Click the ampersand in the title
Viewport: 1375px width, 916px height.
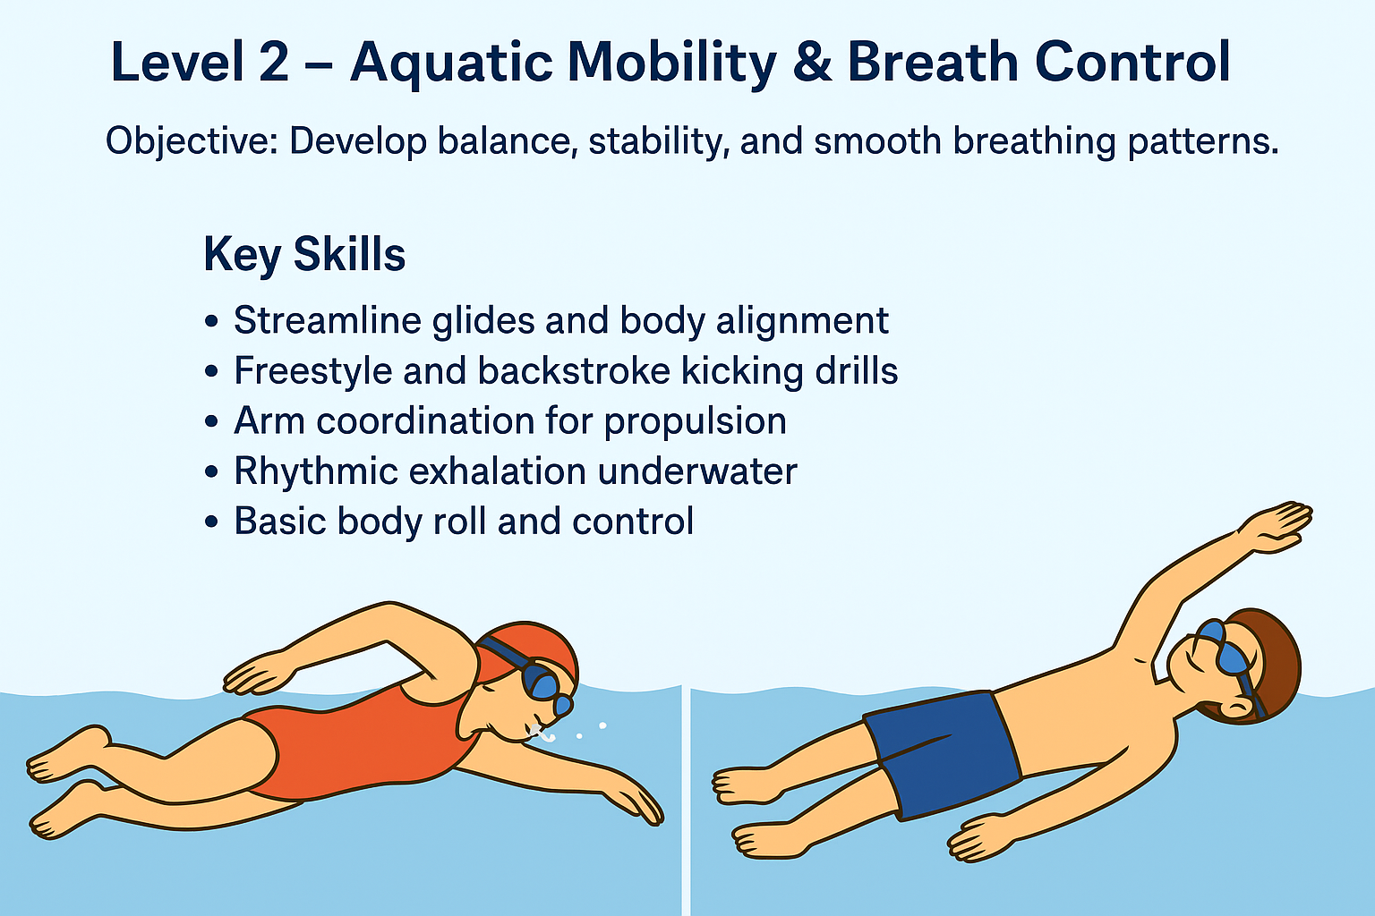tap(812, 62)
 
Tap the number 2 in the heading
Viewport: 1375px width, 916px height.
tap(273, 62)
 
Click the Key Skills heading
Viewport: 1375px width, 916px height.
tap(304, 255)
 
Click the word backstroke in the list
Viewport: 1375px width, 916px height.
tap(574, 370)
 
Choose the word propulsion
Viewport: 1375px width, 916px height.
tap(695, 422)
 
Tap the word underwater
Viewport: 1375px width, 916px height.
tap(697, 471)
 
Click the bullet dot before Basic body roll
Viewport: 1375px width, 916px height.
tap(211, 522)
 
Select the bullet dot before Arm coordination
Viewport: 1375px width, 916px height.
tap(211, 421)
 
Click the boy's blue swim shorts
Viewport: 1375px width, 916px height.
tap(943, 755)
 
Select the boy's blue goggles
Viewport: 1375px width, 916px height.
tap(1227, 657)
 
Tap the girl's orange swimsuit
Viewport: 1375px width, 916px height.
tap(363, 742)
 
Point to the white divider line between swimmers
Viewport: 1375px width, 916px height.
tap(687, 801)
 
